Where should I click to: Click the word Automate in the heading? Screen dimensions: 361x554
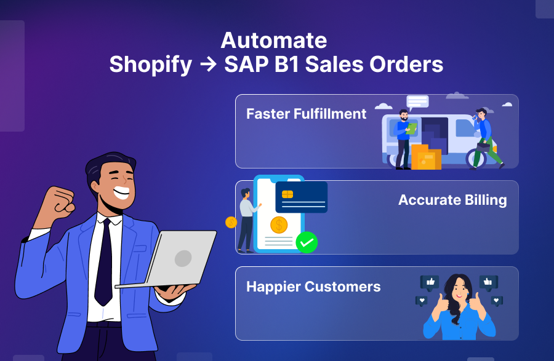pyautogui.click(x=273, y=41)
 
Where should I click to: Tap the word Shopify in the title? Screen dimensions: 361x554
pyautogui.click(x=150, y=65)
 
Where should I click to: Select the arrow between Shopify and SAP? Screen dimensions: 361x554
pyautogui.click(x=208, y=65)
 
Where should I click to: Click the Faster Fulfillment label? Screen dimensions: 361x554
pyautogui.click(x=306, y=114)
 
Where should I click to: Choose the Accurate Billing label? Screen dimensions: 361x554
pyautogui.click(x=452, y=200)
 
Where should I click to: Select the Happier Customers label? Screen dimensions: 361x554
pyautogui.click(x=313, y=287)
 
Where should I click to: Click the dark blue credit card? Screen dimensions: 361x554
pyautogui.click(x=301, y=197)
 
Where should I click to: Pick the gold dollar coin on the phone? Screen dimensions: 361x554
pyautogui.click(x=279, y=224)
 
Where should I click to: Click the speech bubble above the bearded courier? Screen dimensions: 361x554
pyautogui.click(x=417, y=101)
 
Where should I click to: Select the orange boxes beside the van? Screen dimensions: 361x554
pyautogui.click(x=425, y=157)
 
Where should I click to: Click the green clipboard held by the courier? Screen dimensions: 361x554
pyautogui.click(x=411, y=128)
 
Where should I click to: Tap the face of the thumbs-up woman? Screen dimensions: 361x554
pyautogui.click(x=458, y=290)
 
